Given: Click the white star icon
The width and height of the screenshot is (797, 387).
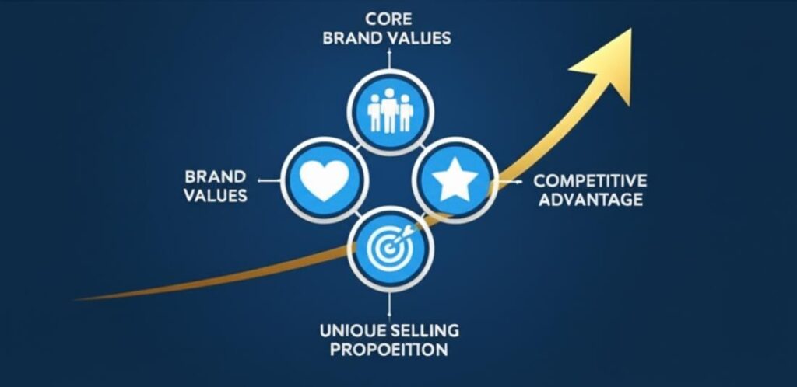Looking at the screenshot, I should [455, 180].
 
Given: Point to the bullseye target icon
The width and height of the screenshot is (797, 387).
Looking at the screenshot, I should [389, 246].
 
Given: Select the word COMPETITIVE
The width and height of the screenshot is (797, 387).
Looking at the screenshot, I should [589, 181].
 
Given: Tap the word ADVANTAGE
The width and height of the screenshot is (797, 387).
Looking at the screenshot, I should [589, 200].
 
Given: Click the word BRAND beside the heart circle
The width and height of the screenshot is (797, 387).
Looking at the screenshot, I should [216, 176].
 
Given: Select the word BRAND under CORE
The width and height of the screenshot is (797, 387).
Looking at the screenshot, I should [352, 37].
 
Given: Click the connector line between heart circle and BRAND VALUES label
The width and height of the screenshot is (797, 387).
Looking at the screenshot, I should [269, 180].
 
